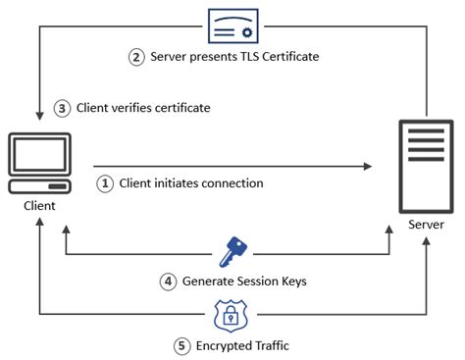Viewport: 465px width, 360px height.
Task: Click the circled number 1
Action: [104, 182]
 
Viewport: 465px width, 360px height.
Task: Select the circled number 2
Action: [137, 56]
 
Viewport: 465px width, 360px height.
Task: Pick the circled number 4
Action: [168, 282]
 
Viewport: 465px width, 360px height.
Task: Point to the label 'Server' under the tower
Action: [427, 225]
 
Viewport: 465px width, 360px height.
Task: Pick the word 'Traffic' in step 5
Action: [273, 345]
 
